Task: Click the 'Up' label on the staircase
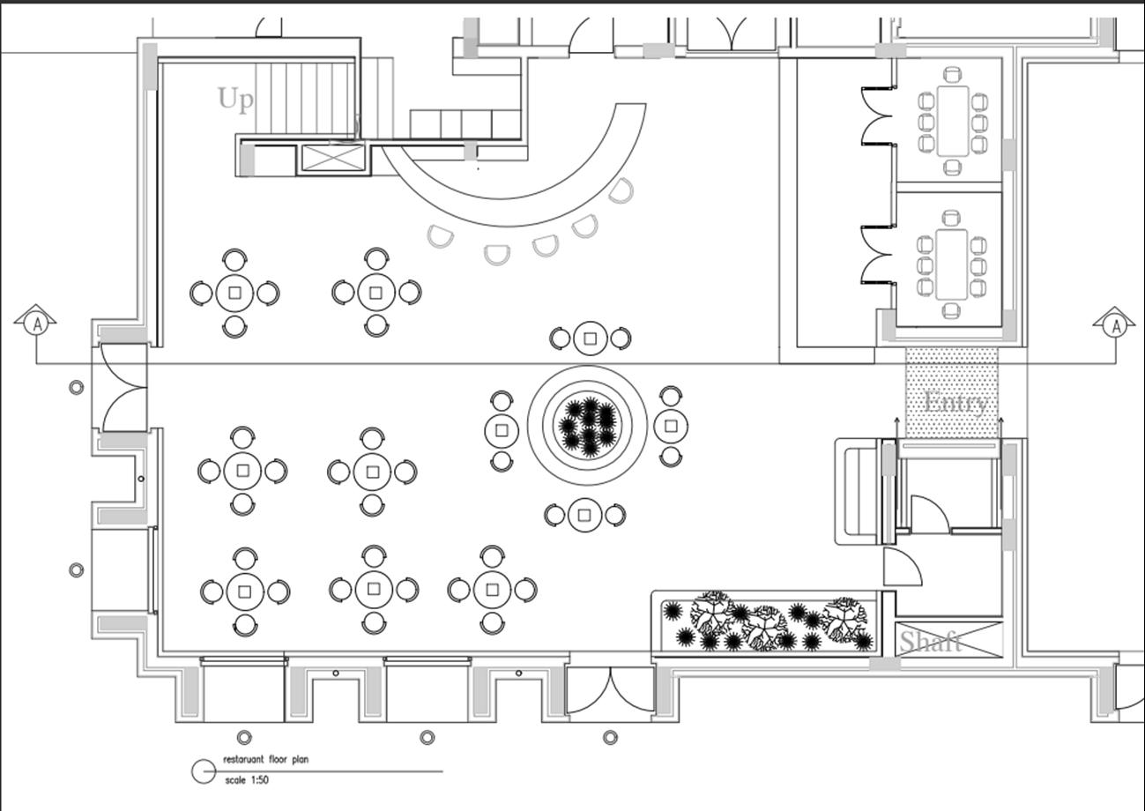click(x=235, y=99)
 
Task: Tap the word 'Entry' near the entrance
click(x=955, y=404)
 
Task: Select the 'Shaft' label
click(x=931, y=641)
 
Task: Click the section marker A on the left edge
click(x=36, y=324)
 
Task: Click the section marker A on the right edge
click(x=1116, y=324)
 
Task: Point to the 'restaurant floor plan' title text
click(x=265, y=759)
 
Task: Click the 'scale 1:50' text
click(x=247, y=780)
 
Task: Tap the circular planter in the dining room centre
click(x=588, y=425)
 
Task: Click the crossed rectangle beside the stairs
click(x=332, y=158)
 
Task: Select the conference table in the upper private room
click(x=952, y=121)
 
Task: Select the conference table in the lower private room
click(x=951, y=264)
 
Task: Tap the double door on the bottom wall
click(x=610, y=690)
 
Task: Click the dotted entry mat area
click(x=952, y=391)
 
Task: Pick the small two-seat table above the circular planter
click(x=590, y=338)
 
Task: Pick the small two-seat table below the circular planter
click(x=584, y=515)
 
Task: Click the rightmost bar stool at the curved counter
click(x=621, y=190)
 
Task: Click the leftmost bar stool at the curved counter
click(x=440, y=236)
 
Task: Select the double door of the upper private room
click(x=877, y=115)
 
